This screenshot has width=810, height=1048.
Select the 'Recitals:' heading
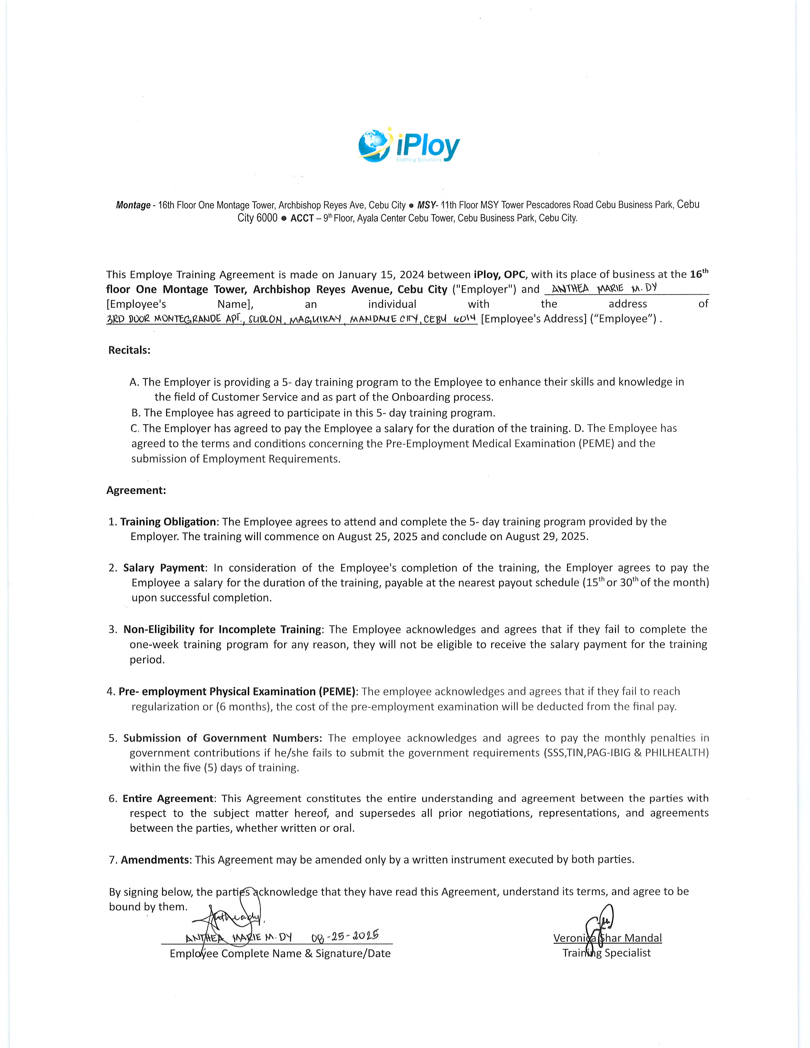coord(129,350)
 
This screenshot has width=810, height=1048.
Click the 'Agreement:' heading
coord(136,490)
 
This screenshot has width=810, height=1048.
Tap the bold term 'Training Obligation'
coord(168,521)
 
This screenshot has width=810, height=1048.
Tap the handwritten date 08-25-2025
coord(345,935)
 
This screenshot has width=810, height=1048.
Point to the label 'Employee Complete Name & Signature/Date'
coord(280,953)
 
